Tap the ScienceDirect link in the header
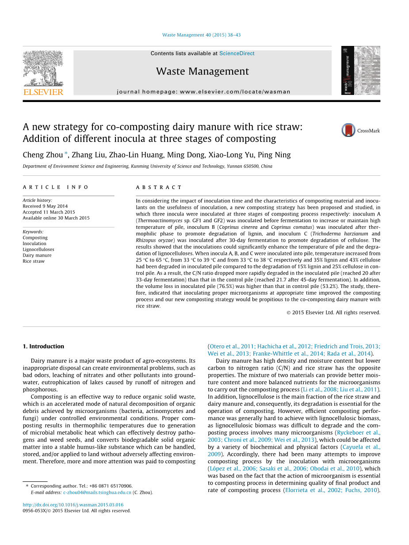[237, 53]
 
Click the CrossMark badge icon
[348, 130]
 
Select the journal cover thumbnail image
[360, 71]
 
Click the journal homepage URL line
[203, 92]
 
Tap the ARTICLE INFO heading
[56, 187]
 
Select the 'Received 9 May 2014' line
[45, 206]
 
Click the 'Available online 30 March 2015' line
[56, 218]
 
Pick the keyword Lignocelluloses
[38, 250]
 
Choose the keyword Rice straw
[34, 261]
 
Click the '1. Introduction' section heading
[43, 346]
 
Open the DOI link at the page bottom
[73, 504]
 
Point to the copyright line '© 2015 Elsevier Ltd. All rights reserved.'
[333, 312]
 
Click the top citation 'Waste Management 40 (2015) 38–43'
[201, 35]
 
